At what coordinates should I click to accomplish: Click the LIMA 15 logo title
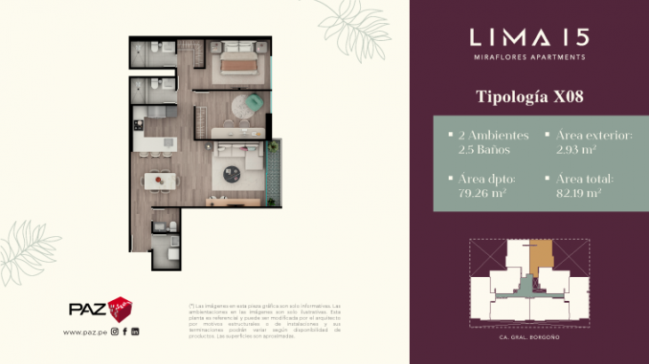(x=528, y=36)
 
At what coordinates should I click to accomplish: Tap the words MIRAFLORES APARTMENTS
(x=528, y=58)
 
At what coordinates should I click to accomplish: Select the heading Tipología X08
(x=528, y=96)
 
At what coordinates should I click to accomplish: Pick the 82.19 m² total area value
(x=579, y=192)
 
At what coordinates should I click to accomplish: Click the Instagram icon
(x=115, y=332)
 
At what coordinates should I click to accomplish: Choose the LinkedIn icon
(x=135, y=332)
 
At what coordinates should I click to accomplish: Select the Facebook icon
(x=125, y=332)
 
